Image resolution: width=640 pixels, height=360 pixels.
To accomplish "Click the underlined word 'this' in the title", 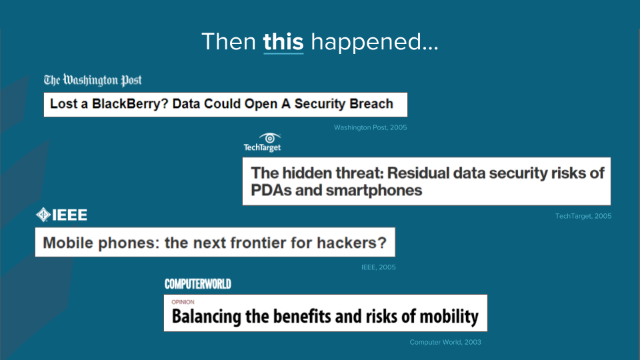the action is tap(283, 41).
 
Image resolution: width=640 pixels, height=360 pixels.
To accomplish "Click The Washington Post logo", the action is tap(93, 80).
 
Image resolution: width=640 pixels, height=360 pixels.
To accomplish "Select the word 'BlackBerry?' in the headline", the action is tap(130, 104).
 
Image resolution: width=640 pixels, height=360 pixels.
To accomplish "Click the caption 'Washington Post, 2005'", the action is tap(370, 127).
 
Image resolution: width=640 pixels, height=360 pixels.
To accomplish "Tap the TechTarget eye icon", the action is tap(270, 138).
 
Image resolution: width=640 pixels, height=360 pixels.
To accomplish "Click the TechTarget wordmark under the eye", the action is tap(262, 147).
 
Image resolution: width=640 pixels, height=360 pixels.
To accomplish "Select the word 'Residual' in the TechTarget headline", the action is tap(417, 173).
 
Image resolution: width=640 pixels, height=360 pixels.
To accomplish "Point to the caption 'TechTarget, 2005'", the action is tap(583, 216).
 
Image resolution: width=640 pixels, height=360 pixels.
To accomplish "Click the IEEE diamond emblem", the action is tap(43, 215).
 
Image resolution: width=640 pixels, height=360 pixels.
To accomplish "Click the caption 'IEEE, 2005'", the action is tap(379, 267).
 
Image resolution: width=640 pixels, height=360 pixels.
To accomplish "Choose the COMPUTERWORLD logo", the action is tap(198, 284).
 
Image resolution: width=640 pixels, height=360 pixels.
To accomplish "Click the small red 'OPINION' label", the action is tap(183, 302).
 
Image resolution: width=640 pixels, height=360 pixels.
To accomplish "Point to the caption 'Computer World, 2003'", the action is tap(445, 342).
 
